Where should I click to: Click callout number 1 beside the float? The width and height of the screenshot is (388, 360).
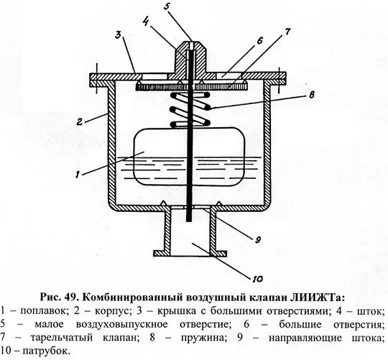[78, 175]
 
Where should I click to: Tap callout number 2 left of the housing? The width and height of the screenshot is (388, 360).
[80, 121]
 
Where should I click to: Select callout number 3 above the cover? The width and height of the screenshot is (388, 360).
[119, 36]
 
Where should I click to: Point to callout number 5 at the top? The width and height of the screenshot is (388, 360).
[167, 7]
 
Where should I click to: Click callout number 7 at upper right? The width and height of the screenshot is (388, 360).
[287, 32]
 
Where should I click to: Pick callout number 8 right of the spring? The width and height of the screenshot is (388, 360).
[311, 94]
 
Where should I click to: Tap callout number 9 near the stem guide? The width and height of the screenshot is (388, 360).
[257, 239]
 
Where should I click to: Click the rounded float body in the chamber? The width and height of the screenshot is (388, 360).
[189, 157]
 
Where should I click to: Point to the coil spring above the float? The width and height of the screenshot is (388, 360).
[190, 110]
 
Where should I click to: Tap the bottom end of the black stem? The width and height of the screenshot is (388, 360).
[189, 220]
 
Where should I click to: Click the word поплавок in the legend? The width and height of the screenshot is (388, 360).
[44, 311]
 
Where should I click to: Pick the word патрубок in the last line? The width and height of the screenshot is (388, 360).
[45, 351]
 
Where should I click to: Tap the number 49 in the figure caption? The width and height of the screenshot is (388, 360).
[72, 297]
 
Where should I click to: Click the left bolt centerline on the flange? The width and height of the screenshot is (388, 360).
[96, 78]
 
